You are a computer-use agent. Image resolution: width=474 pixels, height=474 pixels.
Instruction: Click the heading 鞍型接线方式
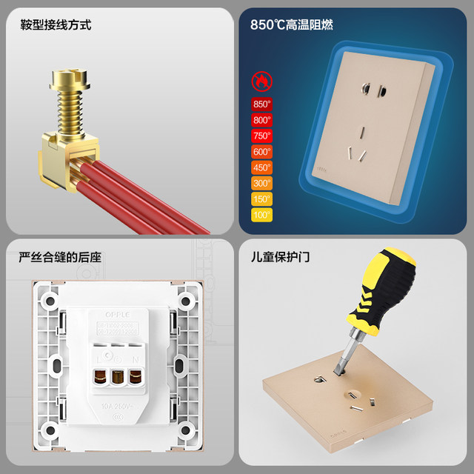coord(56,25)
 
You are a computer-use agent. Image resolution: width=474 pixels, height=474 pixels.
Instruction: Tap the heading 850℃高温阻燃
coord(291,25)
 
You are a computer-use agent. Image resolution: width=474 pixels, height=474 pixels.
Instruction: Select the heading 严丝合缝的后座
coord(60,258)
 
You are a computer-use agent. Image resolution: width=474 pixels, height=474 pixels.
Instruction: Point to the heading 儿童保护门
coord(280,258)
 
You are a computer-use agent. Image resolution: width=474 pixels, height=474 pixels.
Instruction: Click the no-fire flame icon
coord(262,80)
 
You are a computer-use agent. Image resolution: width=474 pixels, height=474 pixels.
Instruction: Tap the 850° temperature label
coord(262,104)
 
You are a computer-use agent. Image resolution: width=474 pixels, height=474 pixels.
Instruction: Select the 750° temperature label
coord(262,136)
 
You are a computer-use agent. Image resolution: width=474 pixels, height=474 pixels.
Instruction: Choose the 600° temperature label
coord(262,151)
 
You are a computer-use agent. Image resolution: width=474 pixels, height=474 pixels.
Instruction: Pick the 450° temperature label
coord(262,167)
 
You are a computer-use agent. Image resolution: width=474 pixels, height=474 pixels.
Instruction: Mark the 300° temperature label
coord(262,183)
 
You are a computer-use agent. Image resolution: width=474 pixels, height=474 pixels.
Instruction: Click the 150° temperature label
coord(262,199)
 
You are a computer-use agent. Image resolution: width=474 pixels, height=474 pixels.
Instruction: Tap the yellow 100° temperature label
coord(262,215)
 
